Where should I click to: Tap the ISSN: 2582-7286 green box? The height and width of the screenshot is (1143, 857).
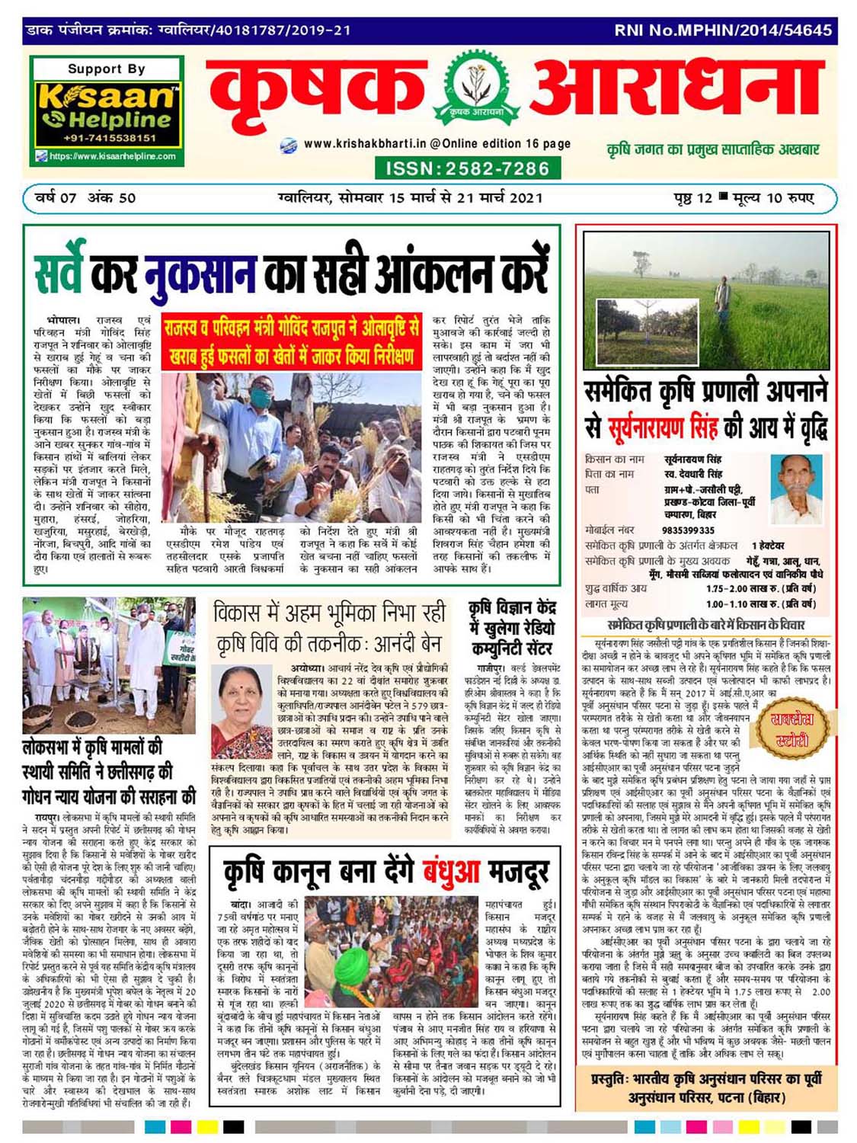pos(468,168)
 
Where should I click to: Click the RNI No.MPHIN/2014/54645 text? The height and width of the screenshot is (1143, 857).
pos(723,30)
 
